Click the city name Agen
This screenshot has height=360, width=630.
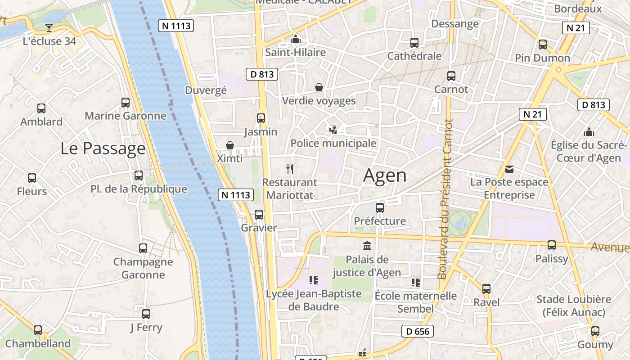click(x=385, y=175)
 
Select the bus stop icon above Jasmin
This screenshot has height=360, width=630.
click(x=261, y=118)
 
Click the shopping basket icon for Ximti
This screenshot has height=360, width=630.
click(x=230, y=145)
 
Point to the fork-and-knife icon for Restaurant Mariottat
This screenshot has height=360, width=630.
click(x=290, y=169)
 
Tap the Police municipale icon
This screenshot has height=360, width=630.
click(x=333, y=130)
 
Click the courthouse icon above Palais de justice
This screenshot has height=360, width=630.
click(x=367, y=246)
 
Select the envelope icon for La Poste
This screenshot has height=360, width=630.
click(x=509, y=169)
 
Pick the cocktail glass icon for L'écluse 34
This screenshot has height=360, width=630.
click(x=49, y=28)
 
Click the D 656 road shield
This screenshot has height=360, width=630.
click(x=417, y=332)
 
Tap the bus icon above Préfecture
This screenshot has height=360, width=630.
click(x=380, y=208)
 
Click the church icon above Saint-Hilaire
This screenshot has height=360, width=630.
click(x=295, y=40)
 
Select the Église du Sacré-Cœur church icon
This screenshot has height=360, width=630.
click(x=589, y=132)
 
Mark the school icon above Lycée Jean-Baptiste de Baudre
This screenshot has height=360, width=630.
click(x=314, y=281)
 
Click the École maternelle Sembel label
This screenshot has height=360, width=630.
click(x=416, y=302)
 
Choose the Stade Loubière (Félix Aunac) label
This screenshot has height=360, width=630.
click(x=574, y=306)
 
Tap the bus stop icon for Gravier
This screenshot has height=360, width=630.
click(x=259, y=215)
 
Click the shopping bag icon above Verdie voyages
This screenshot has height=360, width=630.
click(x=319, y=87)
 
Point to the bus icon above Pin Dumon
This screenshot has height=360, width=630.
click(x=543, y=45)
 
